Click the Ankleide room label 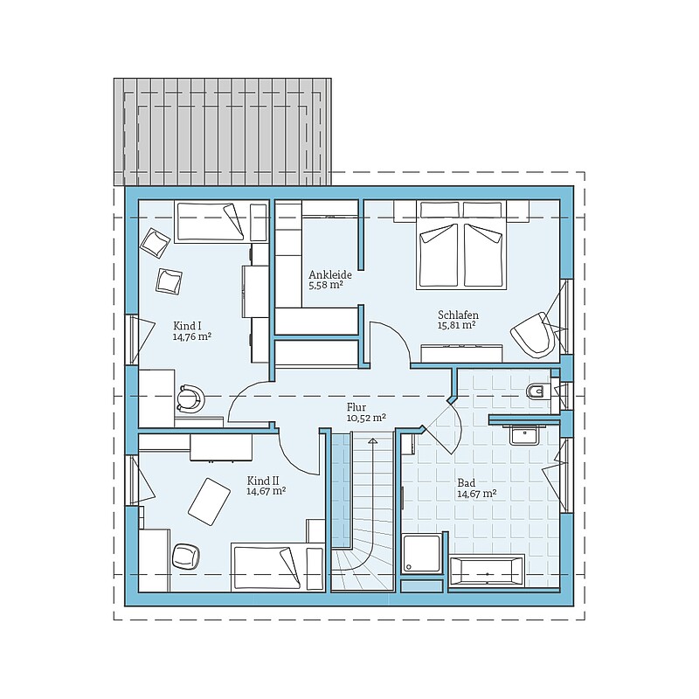click(330, 274)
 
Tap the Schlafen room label click(458, 315)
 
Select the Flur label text click(356, 407)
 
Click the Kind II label click(263, 481)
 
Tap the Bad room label click(467, 483)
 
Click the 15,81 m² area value click(456, 325)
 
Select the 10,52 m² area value click(366, 418)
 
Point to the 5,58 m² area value click(325, 286)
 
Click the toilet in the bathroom click(536, 391)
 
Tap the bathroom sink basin click(524, 435)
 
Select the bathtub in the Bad click(487, 571)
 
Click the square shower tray click(422, 555)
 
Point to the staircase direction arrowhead click(373, 441)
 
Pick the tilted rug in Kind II click(209, 502)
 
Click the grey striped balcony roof click(223, 132)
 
